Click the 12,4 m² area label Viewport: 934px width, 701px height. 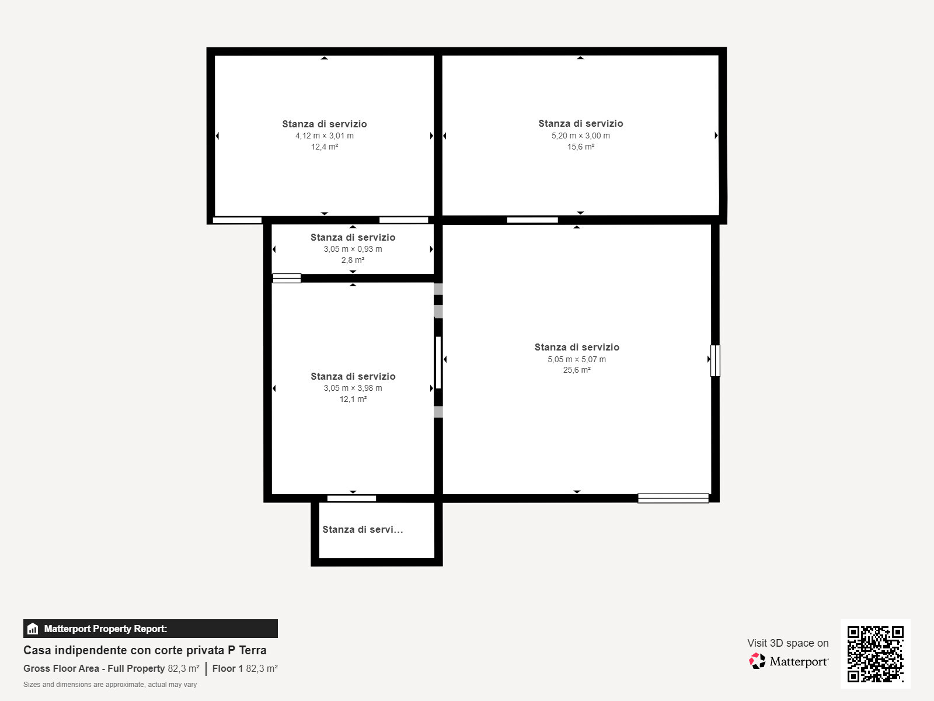pyautogui.click(x=324, y=147)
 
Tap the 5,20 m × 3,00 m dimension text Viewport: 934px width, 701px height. pyautogui.click(x=580, y=136)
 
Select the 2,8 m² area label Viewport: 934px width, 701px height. pyautogui.click(x=353, y=260)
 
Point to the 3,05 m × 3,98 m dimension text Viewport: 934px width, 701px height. pyautogui.click(x=353, y=388)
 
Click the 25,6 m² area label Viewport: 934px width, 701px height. pyautogui.click(x=577, y=370)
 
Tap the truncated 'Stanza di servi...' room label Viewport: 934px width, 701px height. pyautogui.click(x=363, y=529)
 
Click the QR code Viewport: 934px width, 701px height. pyautogui.click(x=875, y=654)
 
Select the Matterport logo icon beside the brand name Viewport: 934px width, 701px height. pyautogui.click(x=757, y=661)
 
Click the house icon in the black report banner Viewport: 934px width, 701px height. pyautogui.click(x=33, y=629)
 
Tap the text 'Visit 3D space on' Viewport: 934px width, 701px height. pyautogui.click(x=787, y=643)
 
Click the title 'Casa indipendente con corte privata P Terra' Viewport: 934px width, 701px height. pyautogui.click(x=145, y=650)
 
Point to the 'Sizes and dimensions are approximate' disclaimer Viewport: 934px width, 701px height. pyautogui.click(x=110, y=685)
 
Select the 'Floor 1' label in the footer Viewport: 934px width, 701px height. pyautogui.click(x=227, y=668)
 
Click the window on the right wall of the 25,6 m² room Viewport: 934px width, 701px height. pyautogui.click(x=715, y=360)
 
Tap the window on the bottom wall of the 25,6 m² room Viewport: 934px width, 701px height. pyautogui.click(x=673, y=498)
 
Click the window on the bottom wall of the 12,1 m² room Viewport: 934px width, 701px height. pyautogui.click(x=351, y=498)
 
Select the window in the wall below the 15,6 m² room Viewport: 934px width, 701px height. pyautogui.click(x=532, y=220)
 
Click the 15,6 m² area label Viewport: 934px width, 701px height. pyautogui.click(x=580, y=147)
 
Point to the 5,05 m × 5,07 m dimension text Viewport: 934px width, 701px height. pyautogui.click(x=577, y=359)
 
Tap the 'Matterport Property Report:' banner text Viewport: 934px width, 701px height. pyautogui.click(x=106, y=629)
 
